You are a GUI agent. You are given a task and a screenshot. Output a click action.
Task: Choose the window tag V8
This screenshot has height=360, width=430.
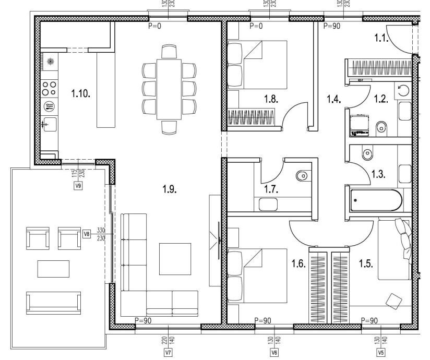click(x=87, y=234)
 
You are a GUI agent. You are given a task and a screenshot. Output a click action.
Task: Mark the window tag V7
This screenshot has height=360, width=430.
click(x=168, y=352)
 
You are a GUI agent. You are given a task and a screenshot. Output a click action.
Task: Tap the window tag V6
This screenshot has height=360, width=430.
click(x=274, y=352)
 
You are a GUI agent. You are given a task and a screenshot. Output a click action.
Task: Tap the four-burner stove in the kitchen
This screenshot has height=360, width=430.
click(x=50, y=87)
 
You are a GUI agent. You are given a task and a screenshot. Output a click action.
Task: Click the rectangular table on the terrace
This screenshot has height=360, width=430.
click(x=53, y=269)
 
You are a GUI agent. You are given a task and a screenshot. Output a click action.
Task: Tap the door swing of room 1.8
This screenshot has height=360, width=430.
click(x=293, y=116)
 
